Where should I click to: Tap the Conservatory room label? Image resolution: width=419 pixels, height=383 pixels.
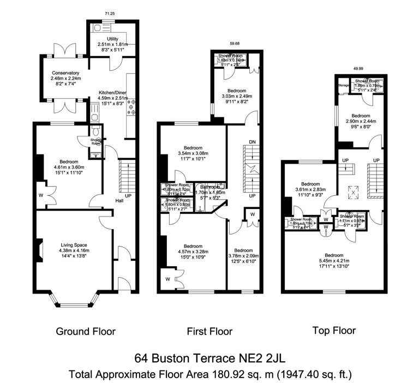click(66, 73)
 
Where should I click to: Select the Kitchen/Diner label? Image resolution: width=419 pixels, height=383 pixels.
click(113, 92)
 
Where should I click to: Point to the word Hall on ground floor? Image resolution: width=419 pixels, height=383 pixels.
click(118, 200)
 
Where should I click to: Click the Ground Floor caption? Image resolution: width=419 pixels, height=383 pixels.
click(86, 331)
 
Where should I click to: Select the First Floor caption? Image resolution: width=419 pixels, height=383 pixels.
click(209, 331)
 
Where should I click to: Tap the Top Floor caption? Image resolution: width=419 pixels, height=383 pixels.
click(333, 330)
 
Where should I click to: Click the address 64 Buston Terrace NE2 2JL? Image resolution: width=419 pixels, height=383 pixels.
click(209, 358)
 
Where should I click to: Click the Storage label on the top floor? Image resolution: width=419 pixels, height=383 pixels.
click(343, 86)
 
